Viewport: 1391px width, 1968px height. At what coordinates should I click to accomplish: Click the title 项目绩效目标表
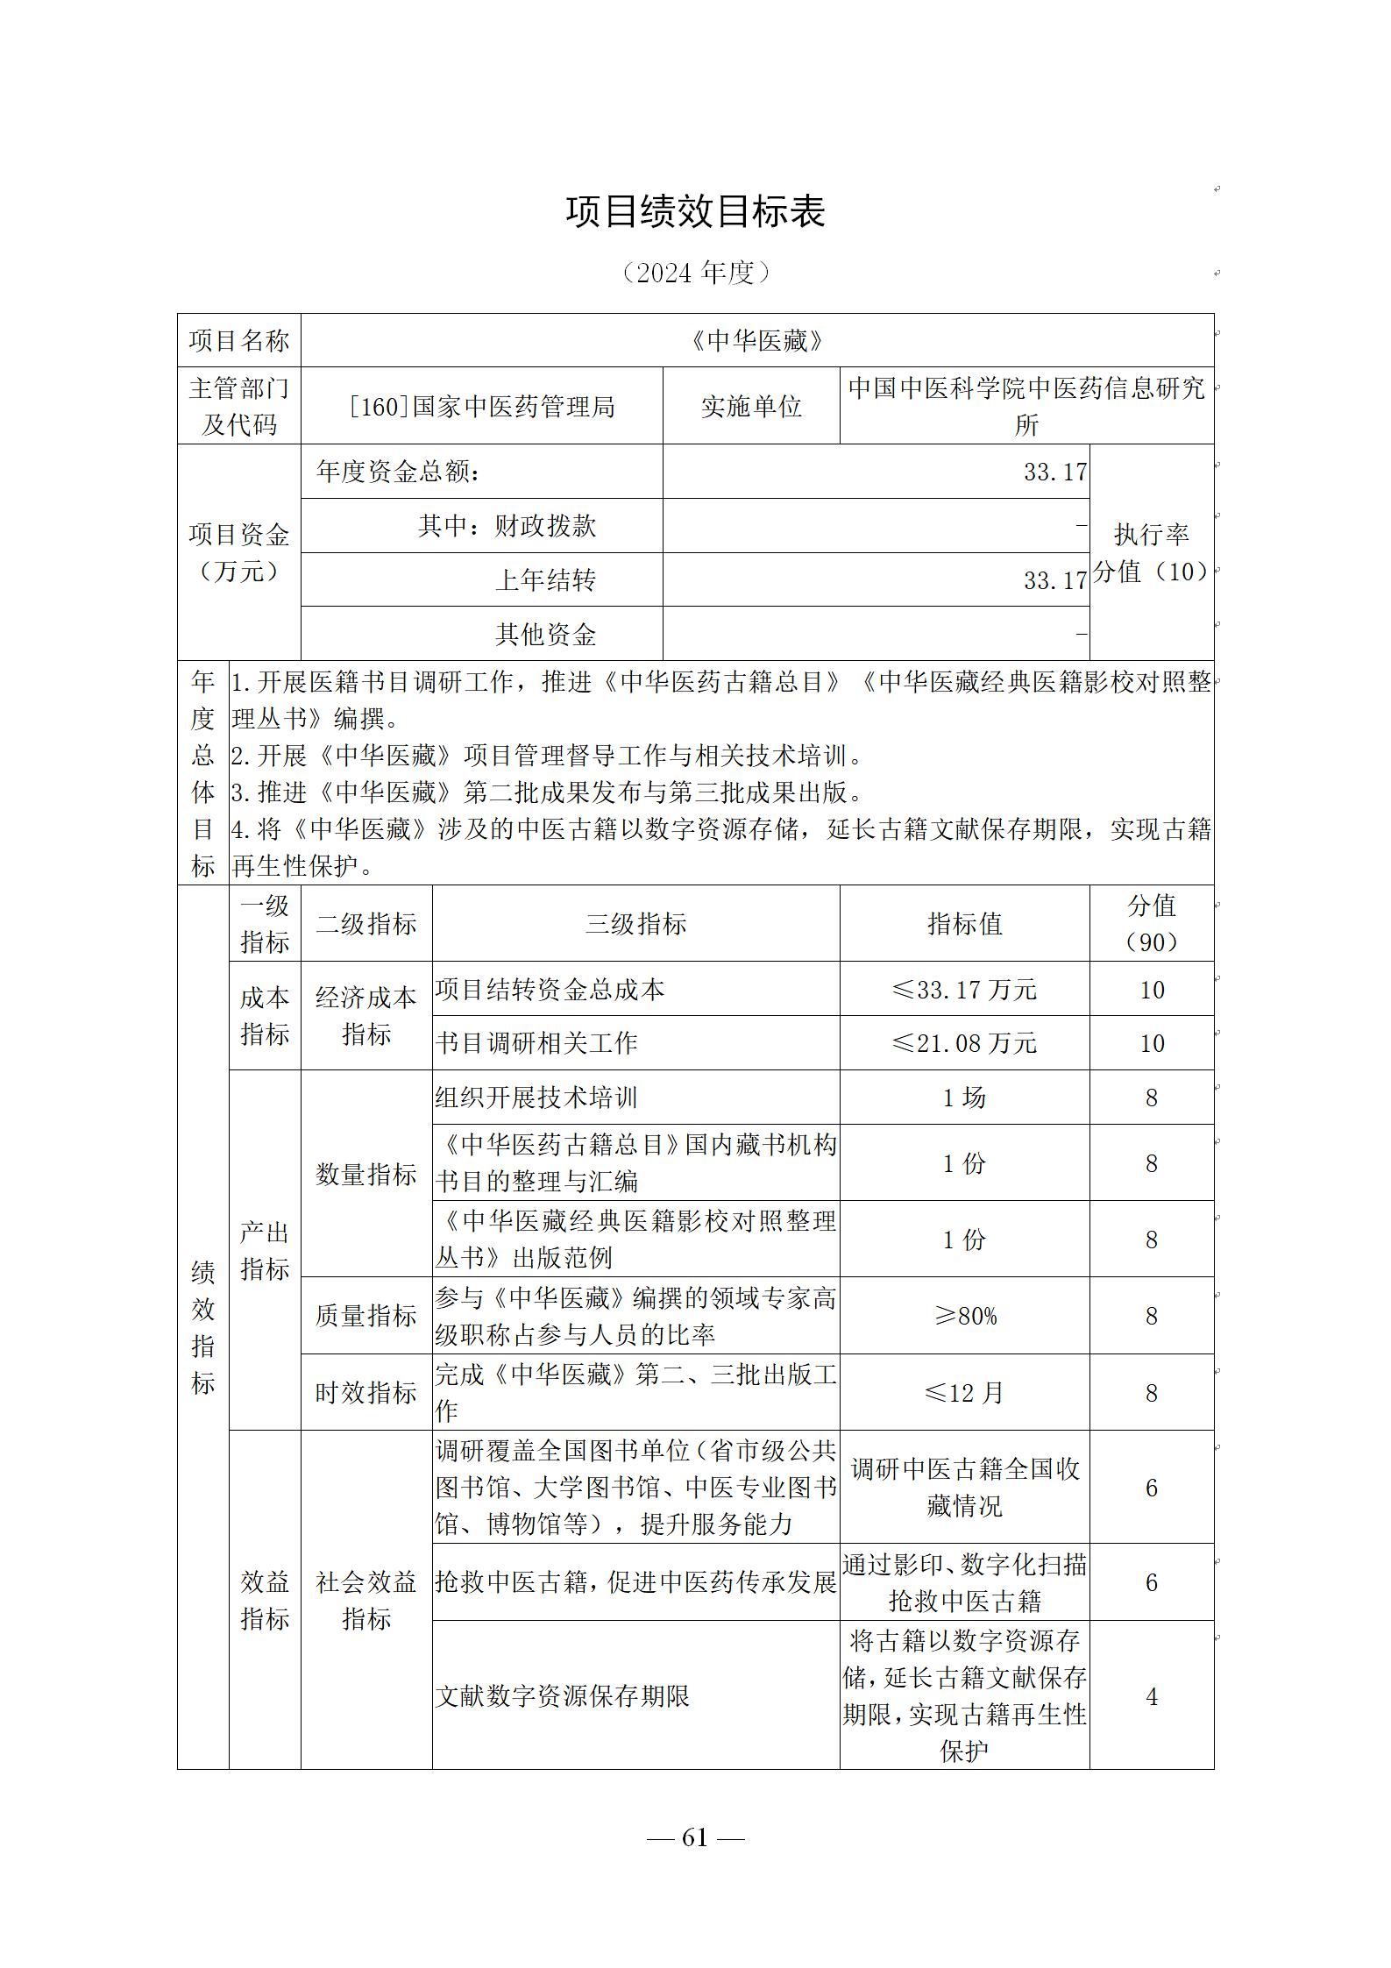[x=695, y=213]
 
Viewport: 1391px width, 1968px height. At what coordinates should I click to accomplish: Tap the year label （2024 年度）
[x=695, y=274]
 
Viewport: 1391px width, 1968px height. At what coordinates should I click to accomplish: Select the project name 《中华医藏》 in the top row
[x=756, y=341]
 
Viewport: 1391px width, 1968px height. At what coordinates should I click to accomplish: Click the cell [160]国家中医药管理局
[x=481, y=407]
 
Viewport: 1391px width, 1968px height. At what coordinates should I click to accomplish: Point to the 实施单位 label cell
[x=751, y=407]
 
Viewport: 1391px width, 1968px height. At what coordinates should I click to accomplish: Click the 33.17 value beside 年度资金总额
[x=1054, y=472]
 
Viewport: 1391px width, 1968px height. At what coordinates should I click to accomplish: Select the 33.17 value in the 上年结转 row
[x=1054, y=580]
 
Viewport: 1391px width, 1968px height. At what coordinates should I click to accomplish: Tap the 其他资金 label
[x=545, y=634]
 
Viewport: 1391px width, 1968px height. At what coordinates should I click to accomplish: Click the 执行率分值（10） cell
[x=1151, y=552]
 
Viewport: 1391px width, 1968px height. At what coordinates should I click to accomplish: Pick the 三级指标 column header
[x=635, y=924]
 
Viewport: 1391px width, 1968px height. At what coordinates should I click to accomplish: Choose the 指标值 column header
[x=964, y=924]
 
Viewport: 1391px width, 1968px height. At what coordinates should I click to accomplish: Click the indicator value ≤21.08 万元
[x=964, y=1043]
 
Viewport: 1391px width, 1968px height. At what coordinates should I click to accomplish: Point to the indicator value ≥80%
[x=964, y=1316]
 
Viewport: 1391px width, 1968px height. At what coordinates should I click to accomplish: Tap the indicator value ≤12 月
[x=964, y=1393]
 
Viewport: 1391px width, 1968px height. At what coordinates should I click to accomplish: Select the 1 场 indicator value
[x=964, y=1098]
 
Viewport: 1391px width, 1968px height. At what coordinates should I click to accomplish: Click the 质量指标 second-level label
[x=365, y=1316]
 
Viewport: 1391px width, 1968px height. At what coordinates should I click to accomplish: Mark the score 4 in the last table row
[x=1151, y=1697]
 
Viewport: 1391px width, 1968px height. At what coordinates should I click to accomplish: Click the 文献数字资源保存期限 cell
[x=563, y=1697]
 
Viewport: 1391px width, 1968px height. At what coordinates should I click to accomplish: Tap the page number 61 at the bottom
[x=694, y=1837]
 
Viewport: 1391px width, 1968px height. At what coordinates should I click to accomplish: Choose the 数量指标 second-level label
[x=365, y=1175]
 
